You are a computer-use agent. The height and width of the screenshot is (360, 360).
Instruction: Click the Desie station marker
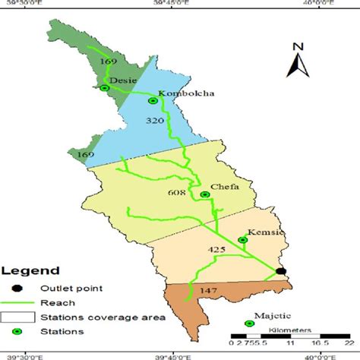[105, 88]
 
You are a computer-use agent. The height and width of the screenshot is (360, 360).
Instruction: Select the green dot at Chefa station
[205, 195]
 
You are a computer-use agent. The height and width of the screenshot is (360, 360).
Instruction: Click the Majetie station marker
[250, 324]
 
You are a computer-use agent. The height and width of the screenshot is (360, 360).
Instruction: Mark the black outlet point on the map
[281, 271]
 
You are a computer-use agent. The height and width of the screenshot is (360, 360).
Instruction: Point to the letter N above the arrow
[299, 47]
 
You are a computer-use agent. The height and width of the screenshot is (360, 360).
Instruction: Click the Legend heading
[30, 270]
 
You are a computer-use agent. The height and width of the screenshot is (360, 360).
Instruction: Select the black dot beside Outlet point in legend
[17, 288]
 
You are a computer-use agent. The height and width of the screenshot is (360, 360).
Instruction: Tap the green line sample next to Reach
[17, 302]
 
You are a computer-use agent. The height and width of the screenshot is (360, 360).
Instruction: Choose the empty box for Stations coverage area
[17, 317]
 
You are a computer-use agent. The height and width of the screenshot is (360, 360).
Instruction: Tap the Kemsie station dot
[243, 240]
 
